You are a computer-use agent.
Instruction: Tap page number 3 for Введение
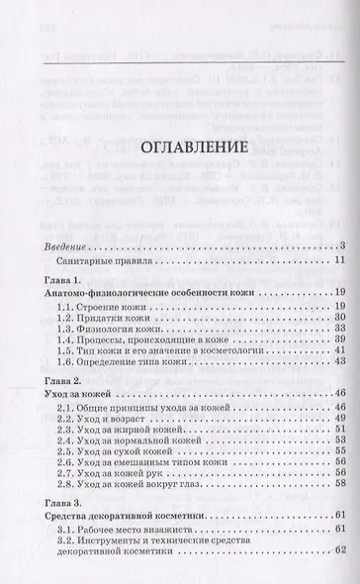click(338, 244)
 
